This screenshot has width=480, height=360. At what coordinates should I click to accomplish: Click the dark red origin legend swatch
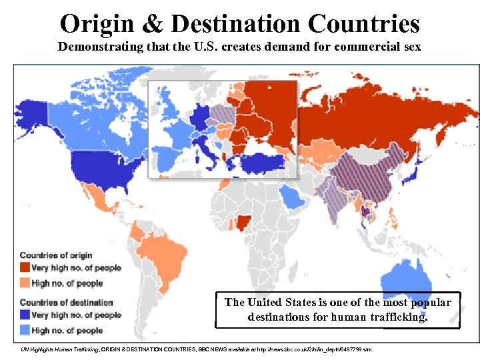click(x=25, y=268)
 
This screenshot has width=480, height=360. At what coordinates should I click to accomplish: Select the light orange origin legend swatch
click(x=25, y=283)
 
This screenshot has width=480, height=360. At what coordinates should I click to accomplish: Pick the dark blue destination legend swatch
click(x=25, y=315)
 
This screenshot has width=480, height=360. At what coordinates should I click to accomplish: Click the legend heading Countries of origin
click(x=56, y=255)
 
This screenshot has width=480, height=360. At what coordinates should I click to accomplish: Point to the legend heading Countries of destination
click(x=66, y=303)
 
